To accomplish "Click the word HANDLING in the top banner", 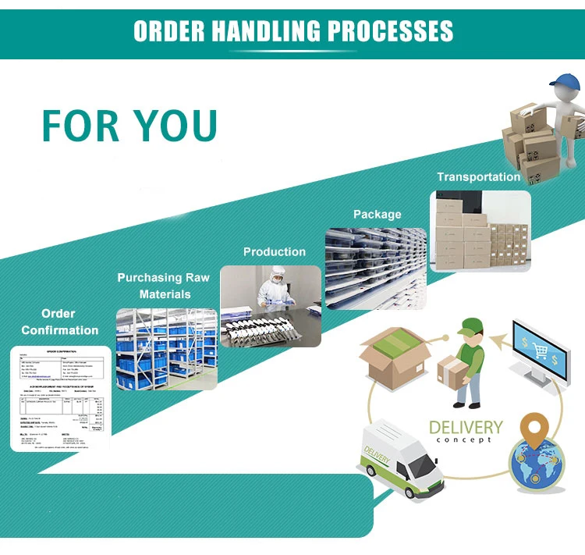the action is (264, 30).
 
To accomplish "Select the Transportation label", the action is (478, 177).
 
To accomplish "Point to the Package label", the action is (377, 214).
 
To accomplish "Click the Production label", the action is (274, 251).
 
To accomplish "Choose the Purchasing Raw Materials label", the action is (164, 286).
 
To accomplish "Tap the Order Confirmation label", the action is (60, 322).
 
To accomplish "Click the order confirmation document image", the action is (60, 398).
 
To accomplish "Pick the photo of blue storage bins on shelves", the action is (166, 349).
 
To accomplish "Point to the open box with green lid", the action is (394, 360).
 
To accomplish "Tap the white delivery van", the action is (400, 460).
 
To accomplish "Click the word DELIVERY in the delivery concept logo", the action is (466, 428).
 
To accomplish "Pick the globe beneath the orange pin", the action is (537, 467).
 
